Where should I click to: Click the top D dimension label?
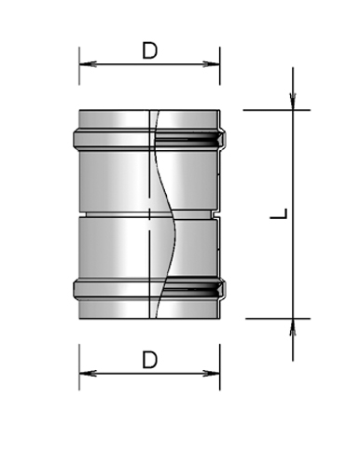coord(149,50)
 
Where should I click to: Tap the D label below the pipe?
coord(149,359)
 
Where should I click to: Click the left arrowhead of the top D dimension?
coord(85,64)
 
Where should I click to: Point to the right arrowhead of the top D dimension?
coord(214,64)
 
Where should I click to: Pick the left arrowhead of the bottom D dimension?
coord(85,374)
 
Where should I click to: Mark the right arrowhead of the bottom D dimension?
coord(214,374)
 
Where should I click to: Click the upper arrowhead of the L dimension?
coord(293,102)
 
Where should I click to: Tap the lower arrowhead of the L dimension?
coord(293,325)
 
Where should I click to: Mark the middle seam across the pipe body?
coord(112,214)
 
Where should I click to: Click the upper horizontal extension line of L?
coord(270,110)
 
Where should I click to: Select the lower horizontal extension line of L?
coord(270,318)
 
